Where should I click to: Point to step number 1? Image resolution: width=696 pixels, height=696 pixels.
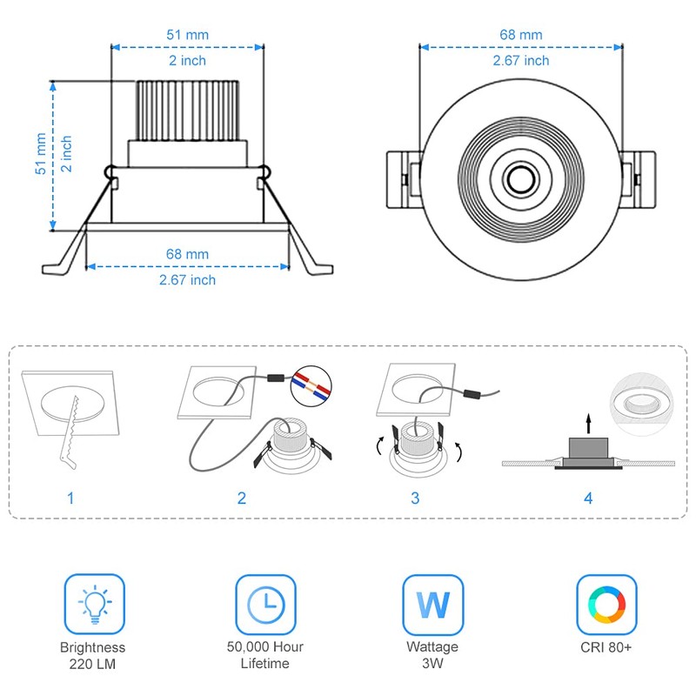coord(70,499)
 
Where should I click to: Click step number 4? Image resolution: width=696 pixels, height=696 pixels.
coord(588,499)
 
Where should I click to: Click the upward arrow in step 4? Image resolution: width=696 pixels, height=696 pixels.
coord(588,423)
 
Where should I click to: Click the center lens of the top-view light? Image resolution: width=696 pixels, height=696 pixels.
coord(520,180)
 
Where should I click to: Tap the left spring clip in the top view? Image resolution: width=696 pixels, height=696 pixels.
coord(403,179)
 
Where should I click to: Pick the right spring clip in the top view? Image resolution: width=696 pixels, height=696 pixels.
coord(642,179)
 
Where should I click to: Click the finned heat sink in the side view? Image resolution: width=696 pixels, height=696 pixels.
coord(188,110)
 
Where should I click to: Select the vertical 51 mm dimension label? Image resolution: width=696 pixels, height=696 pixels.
coord(40,155)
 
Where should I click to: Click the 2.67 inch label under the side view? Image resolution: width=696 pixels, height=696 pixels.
coord(187,279)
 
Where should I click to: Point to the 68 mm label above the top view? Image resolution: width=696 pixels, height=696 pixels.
coord(520,36)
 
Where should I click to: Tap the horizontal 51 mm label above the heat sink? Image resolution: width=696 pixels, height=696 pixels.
coord(187,36)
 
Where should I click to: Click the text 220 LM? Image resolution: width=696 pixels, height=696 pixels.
coord(93,664)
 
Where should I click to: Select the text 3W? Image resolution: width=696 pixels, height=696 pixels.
coord(432,664)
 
